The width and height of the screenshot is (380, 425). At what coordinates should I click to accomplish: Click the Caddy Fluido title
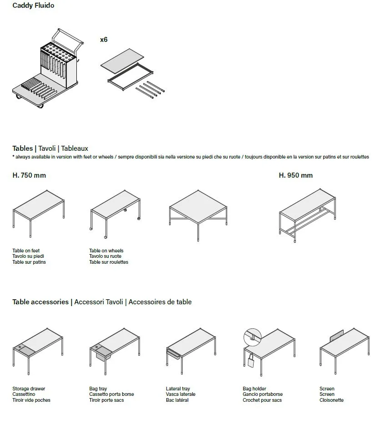point(33,6)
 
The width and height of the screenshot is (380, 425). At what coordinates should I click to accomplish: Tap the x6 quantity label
point(104,40)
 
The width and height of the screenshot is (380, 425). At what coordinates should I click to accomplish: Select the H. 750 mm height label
point(29,175)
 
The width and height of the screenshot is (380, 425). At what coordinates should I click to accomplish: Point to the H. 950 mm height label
point(295,175)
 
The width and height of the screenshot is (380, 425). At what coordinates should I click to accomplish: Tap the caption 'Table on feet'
point(26,251)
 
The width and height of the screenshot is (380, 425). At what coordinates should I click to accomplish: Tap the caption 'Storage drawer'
point(29,389)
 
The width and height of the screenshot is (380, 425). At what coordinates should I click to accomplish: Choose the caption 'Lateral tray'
point(178,389)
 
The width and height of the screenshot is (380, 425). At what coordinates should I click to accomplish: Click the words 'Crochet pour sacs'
point(262,400)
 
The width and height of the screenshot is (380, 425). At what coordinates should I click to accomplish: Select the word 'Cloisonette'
point(331,400)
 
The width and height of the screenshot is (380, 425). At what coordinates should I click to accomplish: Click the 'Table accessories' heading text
point(40,302)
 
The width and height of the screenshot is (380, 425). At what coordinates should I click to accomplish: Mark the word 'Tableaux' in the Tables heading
point(75,148)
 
